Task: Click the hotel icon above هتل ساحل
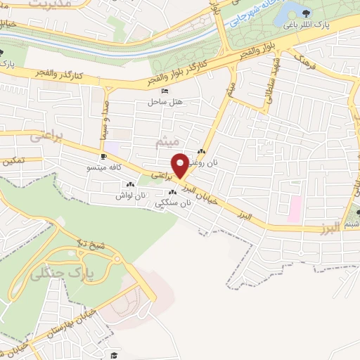[165, 91]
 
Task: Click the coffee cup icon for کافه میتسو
[104, 157]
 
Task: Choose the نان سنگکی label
[177, 202]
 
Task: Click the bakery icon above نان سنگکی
[172, 192]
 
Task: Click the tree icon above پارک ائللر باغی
[307, 12]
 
